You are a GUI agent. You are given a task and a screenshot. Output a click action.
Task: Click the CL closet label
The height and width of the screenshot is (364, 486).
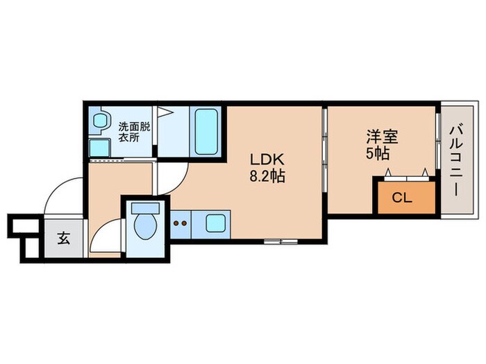click(x=403, y=198)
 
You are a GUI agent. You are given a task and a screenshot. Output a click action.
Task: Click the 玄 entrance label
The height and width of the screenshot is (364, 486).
click(x=63, y=239)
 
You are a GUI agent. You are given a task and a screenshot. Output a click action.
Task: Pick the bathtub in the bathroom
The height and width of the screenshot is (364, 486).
click(x=206, y=132)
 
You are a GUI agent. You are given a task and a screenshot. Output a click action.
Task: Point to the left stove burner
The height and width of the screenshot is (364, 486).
click(x=176, y=224)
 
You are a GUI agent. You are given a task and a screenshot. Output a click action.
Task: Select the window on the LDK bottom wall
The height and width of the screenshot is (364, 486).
click(x=281, y=241)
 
